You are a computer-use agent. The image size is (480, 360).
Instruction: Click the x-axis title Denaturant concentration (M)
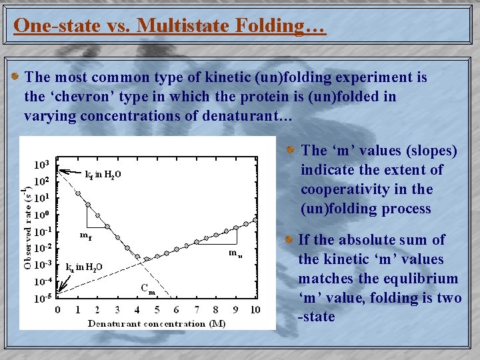tap(156, 323)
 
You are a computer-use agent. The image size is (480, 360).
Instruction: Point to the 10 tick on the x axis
tap(255, 310)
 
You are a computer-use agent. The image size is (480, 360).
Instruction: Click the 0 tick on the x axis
tap(57, 310)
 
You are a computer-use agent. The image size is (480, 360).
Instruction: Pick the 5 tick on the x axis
tap(157, 310)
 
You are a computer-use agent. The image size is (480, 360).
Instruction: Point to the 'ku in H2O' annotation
tap(84, 267)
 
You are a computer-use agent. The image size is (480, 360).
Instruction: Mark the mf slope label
tap(85, 235)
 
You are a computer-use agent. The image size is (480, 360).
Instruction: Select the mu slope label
tap(235, 253)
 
